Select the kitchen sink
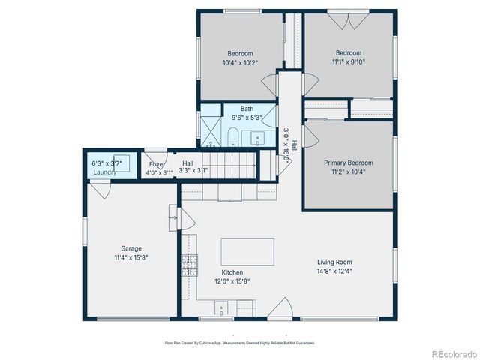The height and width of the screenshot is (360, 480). [x=222, y=306]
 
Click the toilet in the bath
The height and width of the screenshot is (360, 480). [x=232, y=137]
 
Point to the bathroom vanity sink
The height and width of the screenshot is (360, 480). [x=259, y=137]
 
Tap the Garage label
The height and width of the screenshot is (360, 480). [x=131, y=248]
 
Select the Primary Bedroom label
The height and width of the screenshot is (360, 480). [x=348, y=163]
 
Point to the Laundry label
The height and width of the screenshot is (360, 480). [x=105, y=172]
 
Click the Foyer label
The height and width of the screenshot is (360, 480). [x=156, y=164]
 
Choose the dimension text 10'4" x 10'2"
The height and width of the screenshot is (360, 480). [x=240, y=63]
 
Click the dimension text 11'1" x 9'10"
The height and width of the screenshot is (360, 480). [x=349, y=63]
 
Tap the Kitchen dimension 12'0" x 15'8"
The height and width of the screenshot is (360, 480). [x=232, y=281]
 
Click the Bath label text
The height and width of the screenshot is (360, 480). [x=247, y=109]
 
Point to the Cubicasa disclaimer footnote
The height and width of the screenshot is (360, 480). [x=240, y=343]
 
